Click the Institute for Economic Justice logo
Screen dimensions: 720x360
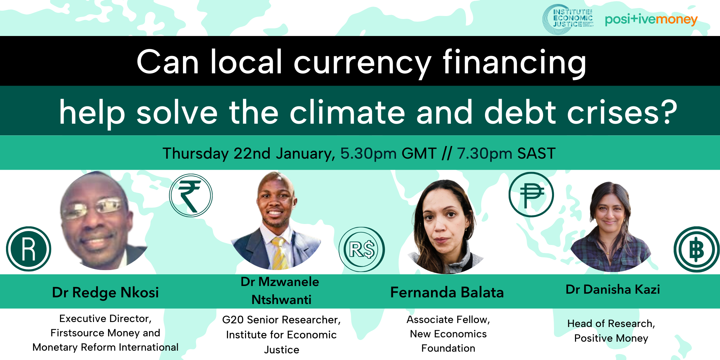(568, 19)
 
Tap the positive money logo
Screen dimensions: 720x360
(651, 19)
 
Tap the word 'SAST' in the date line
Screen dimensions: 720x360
(536, 153)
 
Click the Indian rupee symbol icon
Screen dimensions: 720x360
(191, 195)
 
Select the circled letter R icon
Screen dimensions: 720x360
(29, 249)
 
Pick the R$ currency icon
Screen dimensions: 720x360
(362, 249)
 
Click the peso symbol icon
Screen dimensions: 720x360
(531, 195)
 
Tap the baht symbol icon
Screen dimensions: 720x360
(697, 249)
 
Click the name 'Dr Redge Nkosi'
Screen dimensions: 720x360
(105, 292)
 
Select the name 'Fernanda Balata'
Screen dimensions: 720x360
(447, 292)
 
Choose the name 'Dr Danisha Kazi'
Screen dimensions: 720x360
(613, 289)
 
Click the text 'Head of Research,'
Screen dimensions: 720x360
(611, 323)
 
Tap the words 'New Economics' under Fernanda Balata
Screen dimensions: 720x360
(448, 334)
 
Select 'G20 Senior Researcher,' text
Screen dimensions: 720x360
(281, 320)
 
